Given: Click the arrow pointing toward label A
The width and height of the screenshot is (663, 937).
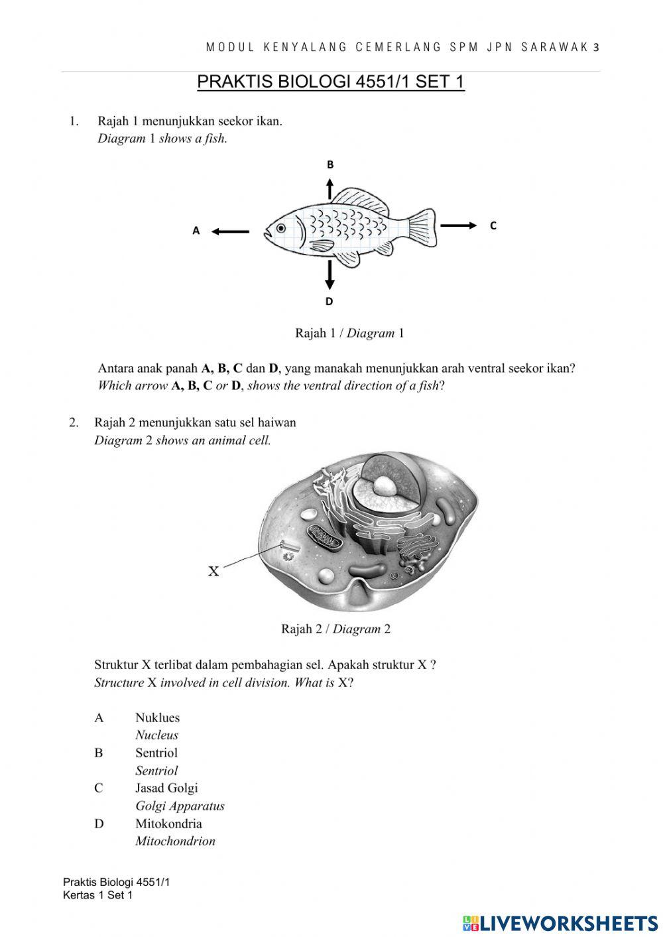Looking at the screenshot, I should [230, 231].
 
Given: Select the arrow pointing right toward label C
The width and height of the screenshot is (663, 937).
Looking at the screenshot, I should [459, 226].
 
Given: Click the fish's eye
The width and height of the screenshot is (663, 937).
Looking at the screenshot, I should [281, 228].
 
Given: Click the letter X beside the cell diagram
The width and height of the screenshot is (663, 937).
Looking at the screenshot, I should [213, 571].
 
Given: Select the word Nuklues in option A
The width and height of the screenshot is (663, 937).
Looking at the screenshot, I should [157, 718].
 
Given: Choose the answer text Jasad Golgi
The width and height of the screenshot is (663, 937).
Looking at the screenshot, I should [166, 788].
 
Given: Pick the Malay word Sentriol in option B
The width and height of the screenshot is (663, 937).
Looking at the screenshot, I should [156, 753].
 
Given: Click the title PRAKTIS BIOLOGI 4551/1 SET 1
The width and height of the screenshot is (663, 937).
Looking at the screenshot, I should [331, 82].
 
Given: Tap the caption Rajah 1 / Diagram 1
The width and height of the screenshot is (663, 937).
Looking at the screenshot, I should [349, 333].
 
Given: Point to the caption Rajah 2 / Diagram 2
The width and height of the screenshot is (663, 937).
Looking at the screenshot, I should [335, 629].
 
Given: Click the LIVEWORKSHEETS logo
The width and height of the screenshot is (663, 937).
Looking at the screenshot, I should [560, 922].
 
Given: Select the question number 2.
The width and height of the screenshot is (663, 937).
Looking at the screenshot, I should [74, 422].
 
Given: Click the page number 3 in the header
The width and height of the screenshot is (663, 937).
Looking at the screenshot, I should [596, 47].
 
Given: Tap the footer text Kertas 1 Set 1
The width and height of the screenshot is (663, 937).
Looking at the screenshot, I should [97, 895].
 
